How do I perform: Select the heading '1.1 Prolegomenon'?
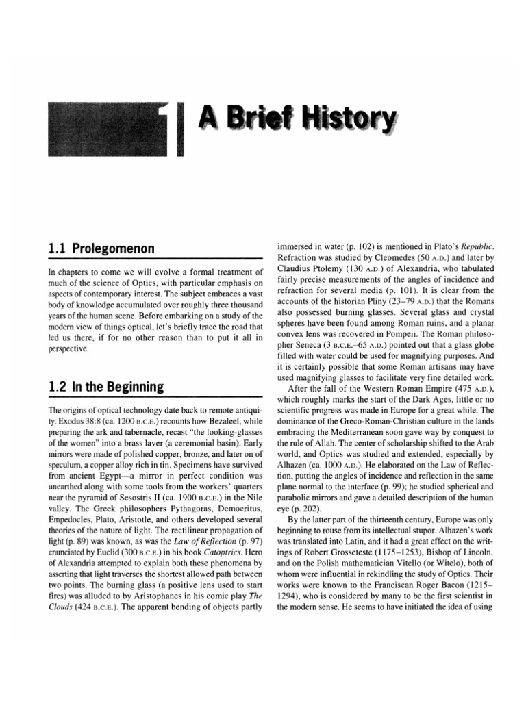tap(101, 248)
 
